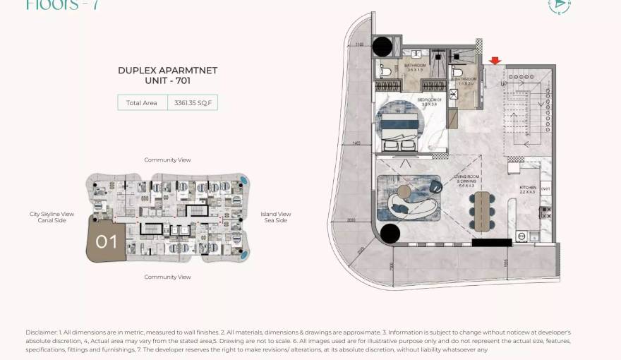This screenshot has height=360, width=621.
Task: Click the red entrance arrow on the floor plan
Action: (x=495, y=61)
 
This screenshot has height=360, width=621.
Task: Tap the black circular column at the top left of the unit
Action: (x=382, y=47)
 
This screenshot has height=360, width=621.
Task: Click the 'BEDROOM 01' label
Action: (x=429, y=100)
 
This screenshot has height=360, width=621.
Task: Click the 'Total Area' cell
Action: (x=142, y=103)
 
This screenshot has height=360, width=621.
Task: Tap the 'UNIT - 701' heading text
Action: (x=167, y=81)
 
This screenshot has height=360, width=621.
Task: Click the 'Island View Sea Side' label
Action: (x=275, y=217)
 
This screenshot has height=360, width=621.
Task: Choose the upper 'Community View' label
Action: (x=167, y=160)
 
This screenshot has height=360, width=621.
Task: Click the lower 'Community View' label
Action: (x=167, y=277)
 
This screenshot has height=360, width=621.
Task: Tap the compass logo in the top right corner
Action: (x=560, y=6)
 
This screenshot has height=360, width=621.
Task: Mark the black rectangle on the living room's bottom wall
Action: (x=491, y=243)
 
